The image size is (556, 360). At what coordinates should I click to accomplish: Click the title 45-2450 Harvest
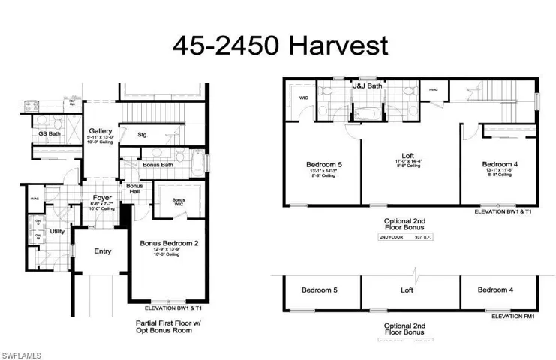(x=281, y=45)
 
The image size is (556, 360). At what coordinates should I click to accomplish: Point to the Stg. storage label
(x=143, y=135)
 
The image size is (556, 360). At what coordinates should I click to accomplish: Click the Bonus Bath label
(x=158, y=165)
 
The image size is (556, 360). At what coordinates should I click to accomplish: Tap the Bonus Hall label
(x=134, y=189)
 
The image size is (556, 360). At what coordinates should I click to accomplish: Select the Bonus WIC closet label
(x=179, y=201)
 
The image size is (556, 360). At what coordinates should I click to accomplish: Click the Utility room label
(x=57, y=232)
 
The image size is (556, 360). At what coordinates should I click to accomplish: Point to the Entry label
(x=102, y=250)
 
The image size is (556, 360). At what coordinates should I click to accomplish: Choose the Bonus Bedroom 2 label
(x=169, y=243)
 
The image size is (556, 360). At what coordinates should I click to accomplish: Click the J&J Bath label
(x=368, y=86)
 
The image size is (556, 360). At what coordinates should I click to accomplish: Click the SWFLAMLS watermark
(x=21, y=352)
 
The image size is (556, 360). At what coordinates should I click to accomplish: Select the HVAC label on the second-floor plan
(x=433, y=89)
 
